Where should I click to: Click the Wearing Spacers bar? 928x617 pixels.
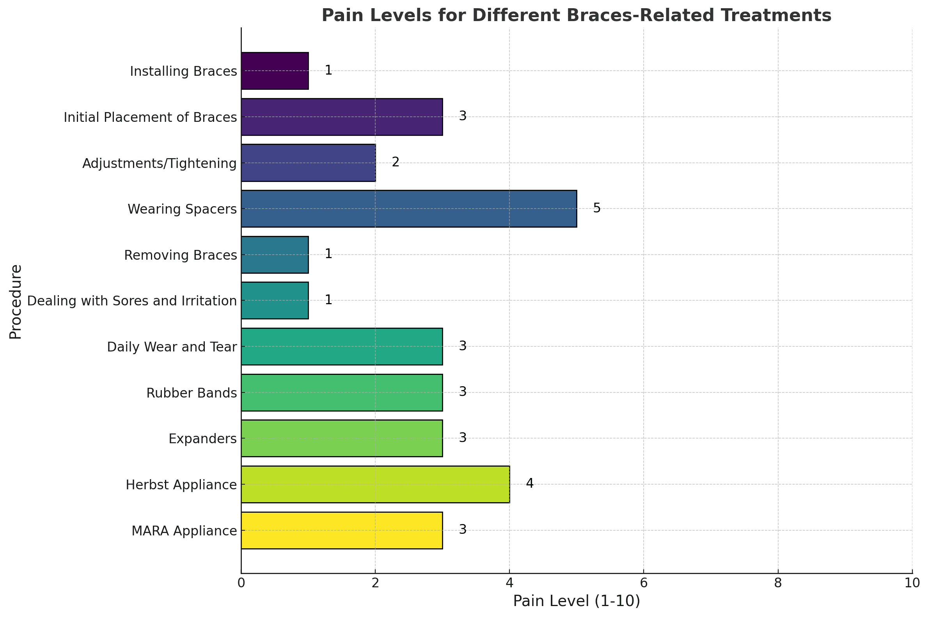tap(409, 209)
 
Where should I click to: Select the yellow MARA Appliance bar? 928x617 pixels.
tap(342, 530)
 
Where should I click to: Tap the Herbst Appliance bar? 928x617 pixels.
tap(375, 484)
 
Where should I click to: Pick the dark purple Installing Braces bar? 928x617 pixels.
tap(275, 71)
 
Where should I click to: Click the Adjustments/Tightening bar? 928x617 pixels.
tap(308, 162)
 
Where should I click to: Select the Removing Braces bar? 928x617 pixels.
tap(275, 255)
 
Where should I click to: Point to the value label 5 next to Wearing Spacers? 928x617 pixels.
tap(597, 208)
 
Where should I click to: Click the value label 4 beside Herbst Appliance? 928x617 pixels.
tap(529, 483)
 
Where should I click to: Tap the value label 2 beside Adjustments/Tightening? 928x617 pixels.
tap(396, 162)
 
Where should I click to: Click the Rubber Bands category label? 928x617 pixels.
tap(192, 393)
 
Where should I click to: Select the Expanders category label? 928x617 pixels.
tap(203, 439)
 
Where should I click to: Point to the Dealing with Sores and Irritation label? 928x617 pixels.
tap(132, 301)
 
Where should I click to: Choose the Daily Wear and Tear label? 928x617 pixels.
tap(172, 347)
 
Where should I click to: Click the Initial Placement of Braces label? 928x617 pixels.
tap(151, 117)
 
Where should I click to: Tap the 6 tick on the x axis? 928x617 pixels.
tap(643, 583)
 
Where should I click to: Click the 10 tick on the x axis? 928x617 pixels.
tap(912, 583)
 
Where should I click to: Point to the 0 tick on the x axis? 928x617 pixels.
tap(241, 583)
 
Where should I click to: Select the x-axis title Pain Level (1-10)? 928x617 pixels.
tap(577, 601)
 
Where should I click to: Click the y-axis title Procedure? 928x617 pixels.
tap(16, 301)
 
